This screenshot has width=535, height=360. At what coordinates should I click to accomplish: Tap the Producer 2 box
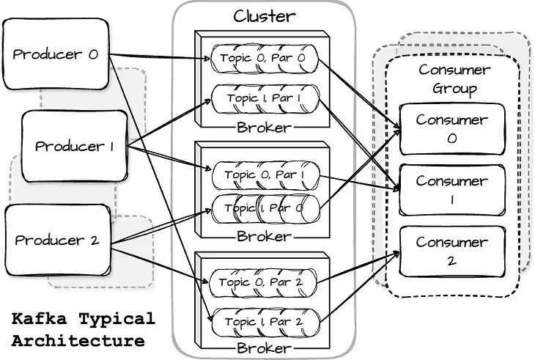(59, 239)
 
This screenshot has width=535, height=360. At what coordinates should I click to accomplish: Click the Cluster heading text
(265, 15)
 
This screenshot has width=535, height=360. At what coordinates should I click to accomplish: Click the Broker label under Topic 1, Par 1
(264, 128)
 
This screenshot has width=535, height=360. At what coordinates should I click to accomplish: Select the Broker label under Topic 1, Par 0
(264, 237)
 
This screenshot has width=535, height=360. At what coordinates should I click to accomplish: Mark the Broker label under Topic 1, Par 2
(264, 348)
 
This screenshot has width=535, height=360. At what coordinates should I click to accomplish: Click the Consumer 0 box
(452, 128)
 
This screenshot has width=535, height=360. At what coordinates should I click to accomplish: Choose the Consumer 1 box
(452, 189)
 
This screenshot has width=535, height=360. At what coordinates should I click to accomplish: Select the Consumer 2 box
(452, 251)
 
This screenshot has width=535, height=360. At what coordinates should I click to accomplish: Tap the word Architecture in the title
(78, 341)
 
